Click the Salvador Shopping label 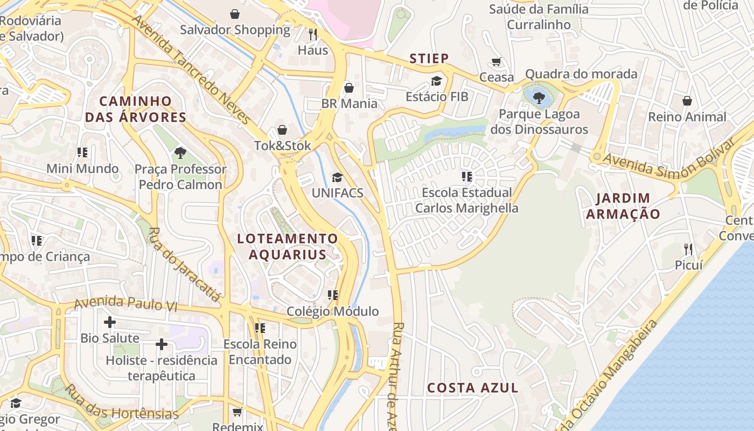235,30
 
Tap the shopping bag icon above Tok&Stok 282,130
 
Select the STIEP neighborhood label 429,59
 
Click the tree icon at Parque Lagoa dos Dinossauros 538,98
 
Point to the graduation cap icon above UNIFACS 337,177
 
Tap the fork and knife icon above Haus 313,34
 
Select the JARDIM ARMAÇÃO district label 623,206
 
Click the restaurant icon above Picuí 688,249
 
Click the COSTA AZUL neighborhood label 473,388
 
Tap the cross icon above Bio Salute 110,322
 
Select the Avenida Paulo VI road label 125,303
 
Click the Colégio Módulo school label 332,311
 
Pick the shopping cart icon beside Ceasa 497,62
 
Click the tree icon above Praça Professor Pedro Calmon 180,153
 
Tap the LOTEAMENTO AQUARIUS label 288,246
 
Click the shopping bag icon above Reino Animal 687,101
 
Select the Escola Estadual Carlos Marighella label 466,200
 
